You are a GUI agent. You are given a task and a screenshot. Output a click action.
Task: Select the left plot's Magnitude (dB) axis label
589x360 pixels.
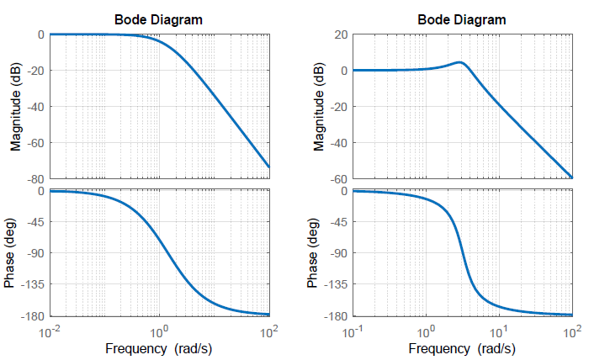pos(15,107)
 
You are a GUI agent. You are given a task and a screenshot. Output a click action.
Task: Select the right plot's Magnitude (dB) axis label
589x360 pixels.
pos(319,107)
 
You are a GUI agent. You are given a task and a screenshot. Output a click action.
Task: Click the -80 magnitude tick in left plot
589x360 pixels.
pos(35,178)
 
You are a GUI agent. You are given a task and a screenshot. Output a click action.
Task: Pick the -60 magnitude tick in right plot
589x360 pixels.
pos(340,178)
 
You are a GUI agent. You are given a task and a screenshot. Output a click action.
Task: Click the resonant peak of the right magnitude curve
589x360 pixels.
pos(459,61)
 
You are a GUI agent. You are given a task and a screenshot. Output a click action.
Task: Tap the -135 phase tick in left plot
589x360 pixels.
pos(33,284)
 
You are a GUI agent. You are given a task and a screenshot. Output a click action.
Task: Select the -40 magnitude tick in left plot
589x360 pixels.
pos(35,107)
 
